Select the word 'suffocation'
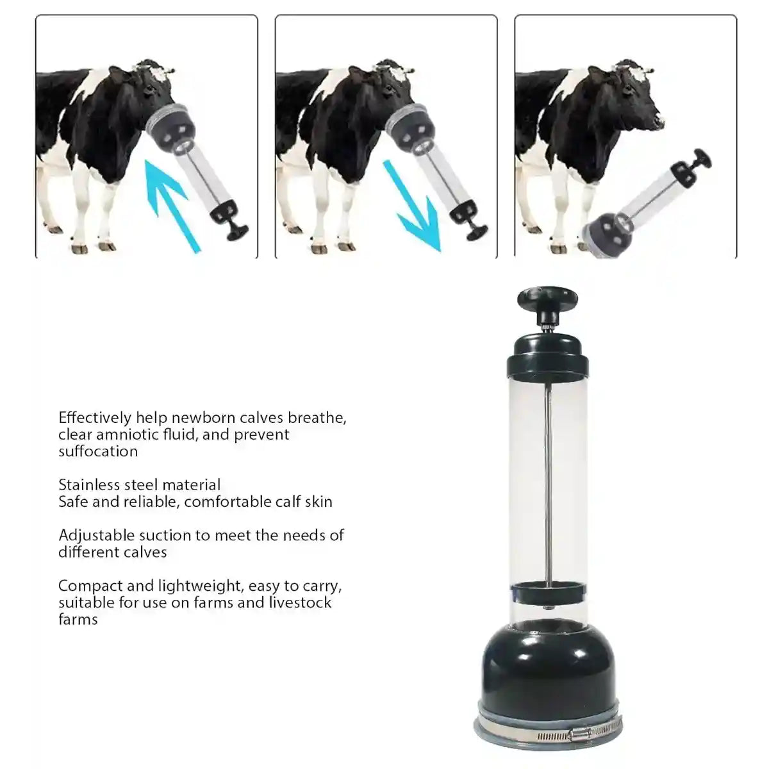98,451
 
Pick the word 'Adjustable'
95,535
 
